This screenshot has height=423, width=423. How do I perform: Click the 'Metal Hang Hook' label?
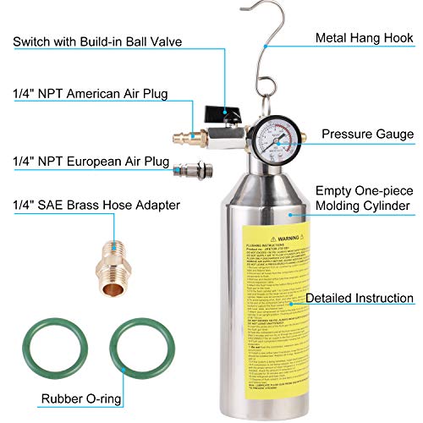click(x=365, y=37)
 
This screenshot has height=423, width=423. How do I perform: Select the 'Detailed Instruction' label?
click(x=360, y=299)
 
